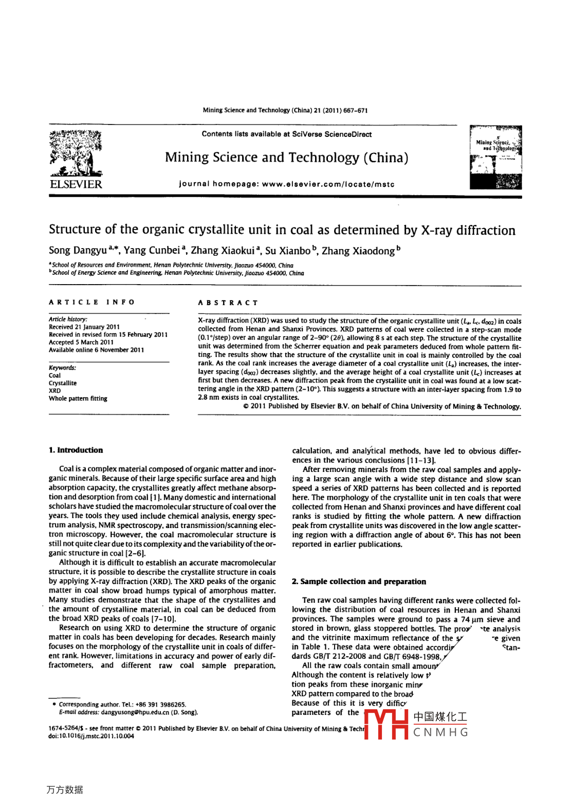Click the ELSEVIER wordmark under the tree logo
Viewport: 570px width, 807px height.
coord(76,184)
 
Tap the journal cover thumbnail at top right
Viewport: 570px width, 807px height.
coord(495,157)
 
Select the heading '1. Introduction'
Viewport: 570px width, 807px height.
coord(76,450)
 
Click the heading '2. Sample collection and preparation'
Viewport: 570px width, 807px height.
coord(359,582)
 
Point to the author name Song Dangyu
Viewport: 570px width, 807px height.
coord(78,251)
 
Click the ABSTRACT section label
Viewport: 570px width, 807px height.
coord(228,303)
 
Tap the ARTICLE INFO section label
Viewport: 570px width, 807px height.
coord(91,302)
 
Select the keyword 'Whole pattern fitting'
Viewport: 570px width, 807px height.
coord(78,398)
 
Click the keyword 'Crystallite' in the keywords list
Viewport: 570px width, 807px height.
coord(63,383)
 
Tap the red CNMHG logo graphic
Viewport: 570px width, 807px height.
coord(386,725)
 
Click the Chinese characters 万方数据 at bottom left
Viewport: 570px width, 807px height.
coord(65,790)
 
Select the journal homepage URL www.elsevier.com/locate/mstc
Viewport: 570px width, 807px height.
coord(328,184)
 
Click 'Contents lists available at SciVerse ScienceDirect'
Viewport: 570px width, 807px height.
coord(286,134)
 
